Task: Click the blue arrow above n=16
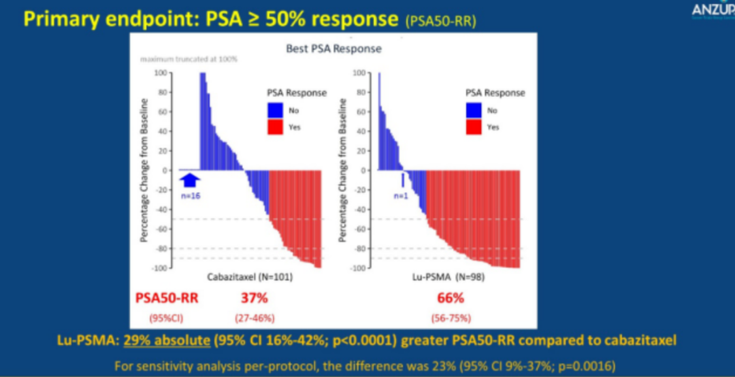point(191,179)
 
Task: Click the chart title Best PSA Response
point(333,49)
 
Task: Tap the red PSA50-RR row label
point(167,298)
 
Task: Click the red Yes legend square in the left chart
point(275,126)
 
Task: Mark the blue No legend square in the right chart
point(474,109)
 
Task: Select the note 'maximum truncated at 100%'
point(189,60)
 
